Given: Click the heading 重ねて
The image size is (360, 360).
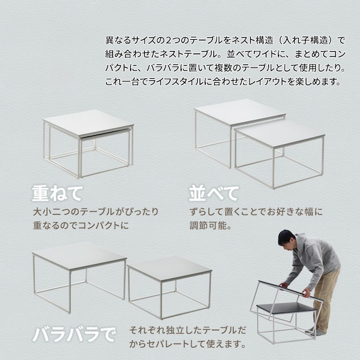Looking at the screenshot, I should point(58,192).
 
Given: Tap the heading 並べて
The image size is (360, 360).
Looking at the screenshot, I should point(214,192).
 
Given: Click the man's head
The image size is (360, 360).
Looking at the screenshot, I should point(287,240).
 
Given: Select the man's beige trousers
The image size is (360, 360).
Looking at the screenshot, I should point(325,297).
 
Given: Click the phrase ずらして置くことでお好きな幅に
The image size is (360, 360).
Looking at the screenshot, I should point(256,211).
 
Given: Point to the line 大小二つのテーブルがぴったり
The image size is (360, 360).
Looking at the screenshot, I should point(95,211).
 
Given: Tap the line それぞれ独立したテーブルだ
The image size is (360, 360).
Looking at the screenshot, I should point(188,331).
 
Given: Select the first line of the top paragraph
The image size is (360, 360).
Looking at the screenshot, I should point(224,40).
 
